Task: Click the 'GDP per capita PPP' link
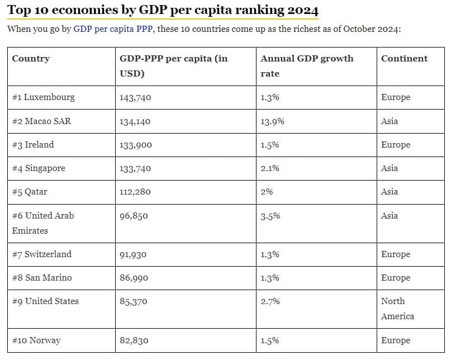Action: tap(113, 29)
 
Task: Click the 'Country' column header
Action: tap(31, 59)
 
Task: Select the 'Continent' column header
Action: tap(404, 59)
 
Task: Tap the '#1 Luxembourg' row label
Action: tap(44, 97)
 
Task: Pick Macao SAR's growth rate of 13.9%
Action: tap(272, 121)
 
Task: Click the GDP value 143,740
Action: tap(135, 97)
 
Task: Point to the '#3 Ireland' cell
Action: tap(33, 145)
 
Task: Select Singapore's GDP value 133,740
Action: tap(135, 168)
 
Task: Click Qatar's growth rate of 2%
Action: tap(267, 192)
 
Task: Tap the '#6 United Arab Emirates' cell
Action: tap(43, 223)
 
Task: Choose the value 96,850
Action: tap(134, 216)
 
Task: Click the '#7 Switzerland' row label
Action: tap(42, 254)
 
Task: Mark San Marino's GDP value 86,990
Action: tap(134, 278)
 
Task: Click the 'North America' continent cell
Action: tap(397, 309)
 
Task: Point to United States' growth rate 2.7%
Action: tap(270, 301)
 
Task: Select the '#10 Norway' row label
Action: tap(36, 340)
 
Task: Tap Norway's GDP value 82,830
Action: tap(134, 340)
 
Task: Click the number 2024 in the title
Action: tap(303, 10)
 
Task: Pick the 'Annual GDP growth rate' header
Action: tap(307, 66)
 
